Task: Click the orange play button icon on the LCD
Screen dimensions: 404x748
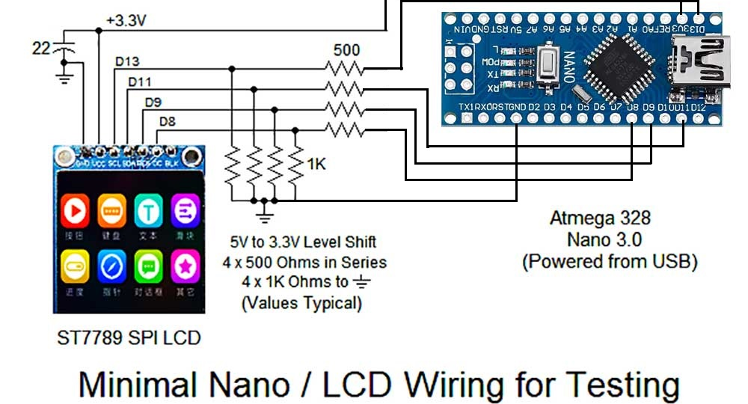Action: click(x=76, y=212)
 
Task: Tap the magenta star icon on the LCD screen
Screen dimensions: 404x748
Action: click(x=184, y=266)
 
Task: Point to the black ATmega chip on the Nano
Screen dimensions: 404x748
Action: click(x=619, y=68)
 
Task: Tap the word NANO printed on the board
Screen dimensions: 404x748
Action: click(x=571, y=67)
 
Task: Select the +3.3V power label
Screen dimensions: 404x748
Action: click(x=126, y=20)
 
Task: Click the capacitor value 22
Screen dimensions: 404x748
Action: click(x=41, y=49)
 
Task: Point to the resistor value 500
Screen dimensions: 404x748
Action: click(x=346, y=52)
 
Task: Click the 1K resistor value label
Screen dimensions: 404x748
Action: click(x=316, y=164)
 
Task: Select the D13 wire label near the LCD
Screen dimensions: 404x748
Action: click(x=126, y=61)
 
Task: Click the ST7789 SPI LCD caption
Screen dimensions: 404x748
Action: click(x=129, y=338)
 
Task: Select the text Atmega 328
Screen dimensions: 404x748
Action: click(x=601, y=218)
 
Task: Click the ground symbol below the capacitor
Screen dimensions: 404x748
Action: click(x=65, y=76)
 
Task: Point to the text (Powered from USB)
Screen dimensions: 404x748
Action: click(x=610, y=262)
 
